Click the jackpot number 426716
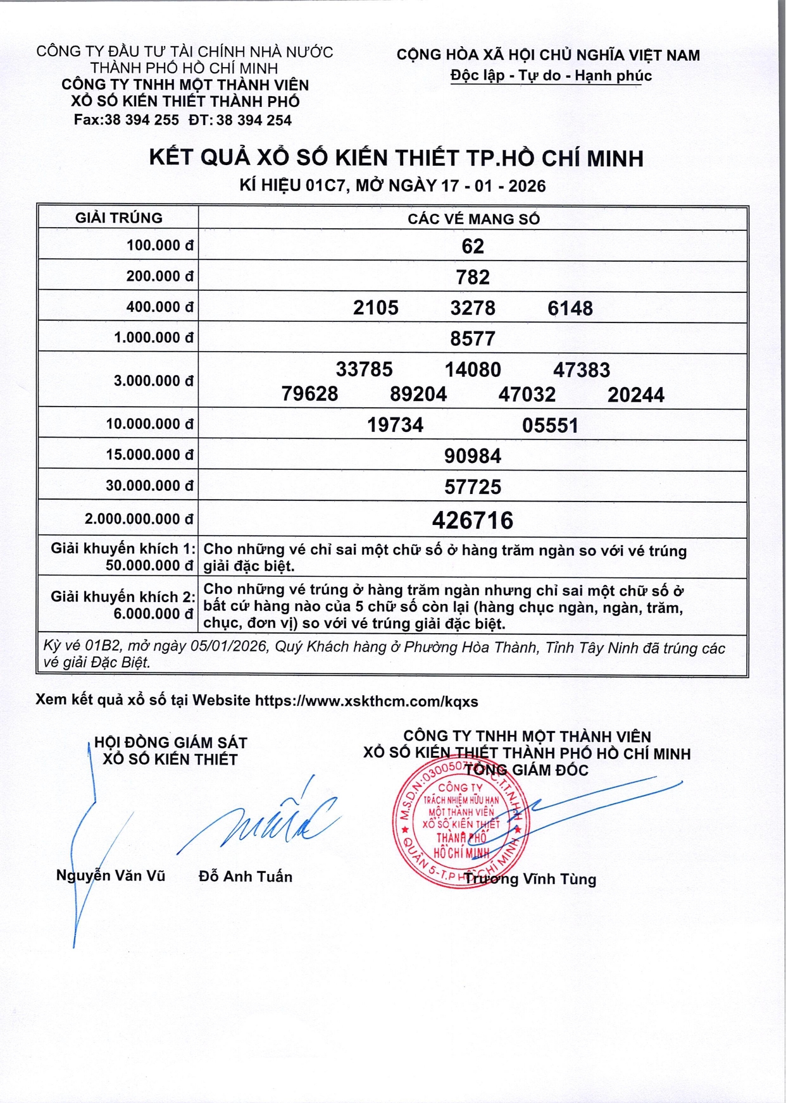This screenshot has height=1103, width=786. coord(473,521)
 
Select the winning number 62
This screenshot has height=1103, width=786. coord(473,246)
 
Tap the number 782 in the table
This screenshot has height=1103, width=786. coord(473,277)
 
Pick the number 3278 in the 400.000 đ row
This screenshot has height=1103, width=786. coord(473,308)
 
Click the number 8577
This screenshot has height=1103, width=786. coord(473,338)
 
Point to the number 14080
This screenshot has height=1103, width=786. coord(473,369)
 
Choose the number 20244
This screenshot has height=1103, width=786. coord(636,395)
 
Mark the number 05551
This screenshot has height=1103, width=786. coord(550,425)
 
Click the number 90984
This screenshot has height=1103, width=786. coord(473,456)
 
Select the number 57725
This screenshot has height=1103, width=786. coord(473,487)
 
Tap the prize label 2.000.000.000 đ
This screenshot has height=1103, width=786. coord(139,519)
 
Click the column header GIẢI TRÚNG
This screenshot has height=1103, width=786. coord(119,218)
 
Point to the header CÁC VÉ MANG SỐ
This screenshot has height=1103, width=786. coord(473,219)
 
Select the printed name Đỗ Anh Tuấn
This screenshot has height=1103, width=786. coord(246,877)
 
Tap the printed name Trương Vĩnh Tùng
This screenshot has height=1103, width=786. coord(530,879)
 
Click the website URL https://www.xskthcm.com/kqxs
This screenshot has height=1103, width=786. coord(366,701)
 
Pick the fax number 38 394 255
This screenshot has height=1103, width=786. coord(141,120)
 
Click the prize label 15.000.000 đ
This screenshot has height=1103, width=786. coord(149,455)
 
